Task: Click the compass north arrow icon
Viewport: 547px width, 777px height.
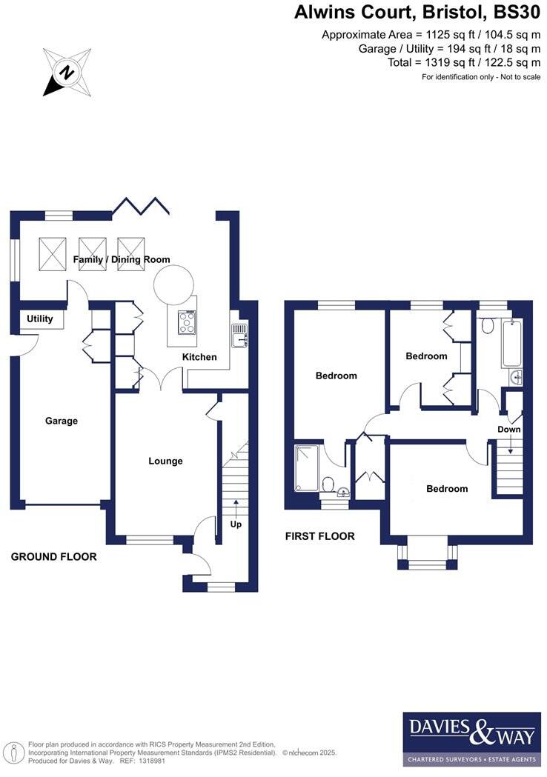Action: pyautogui.click(x=67, y=72)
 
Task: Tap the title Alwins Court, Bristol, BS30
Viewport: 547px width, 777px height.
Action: pyautogui.click(x=417, y=13)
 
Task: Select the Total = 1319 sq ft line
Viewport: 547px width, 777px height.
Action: pyautogui.click(x=464, y=62)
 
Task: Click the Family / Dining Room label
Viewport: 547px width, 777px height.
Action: pyautogui.click(x=122, y=260)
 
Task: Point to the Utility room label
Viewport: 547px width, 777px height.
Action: pyautogui.click(x=40, y=319)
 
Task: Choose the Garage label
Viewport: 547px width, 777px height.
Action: pyautogui.click(x=62, y=421)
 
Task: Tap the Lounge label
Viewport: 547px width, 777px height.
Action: pyautogui.click(x=165, y=461)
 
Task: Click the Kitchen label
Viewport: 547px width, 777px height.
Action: pyautogui.click(x=200, y=357)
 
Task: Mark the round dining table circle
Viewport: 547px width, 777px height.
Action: pyautogui.click(x=174, y=283)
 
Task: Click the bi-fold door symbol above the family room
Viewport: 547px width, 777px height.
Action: pyautogui.click(x=141, y=204)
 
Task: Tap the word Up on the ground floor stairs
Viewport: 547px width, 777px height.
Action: pyautogui.click(x=236, y=524)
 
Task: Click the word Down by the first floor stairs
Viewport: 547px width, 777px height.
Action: pyautogui.click(x=509, y=430)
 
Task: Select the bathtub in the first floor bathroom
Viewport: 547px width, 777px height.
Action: pyautogui.click(x=512, y=343)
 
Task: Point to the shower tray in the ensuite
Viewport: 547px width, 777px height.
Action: pyautogui.click(x=307, y=468)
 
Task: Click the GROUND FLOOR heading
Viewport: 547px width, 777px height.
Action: pyautogui.click(x=53, y=556)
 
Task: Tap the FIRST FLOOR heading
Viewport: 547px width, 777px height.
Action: pyautogui.click(x=319, y=536)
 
